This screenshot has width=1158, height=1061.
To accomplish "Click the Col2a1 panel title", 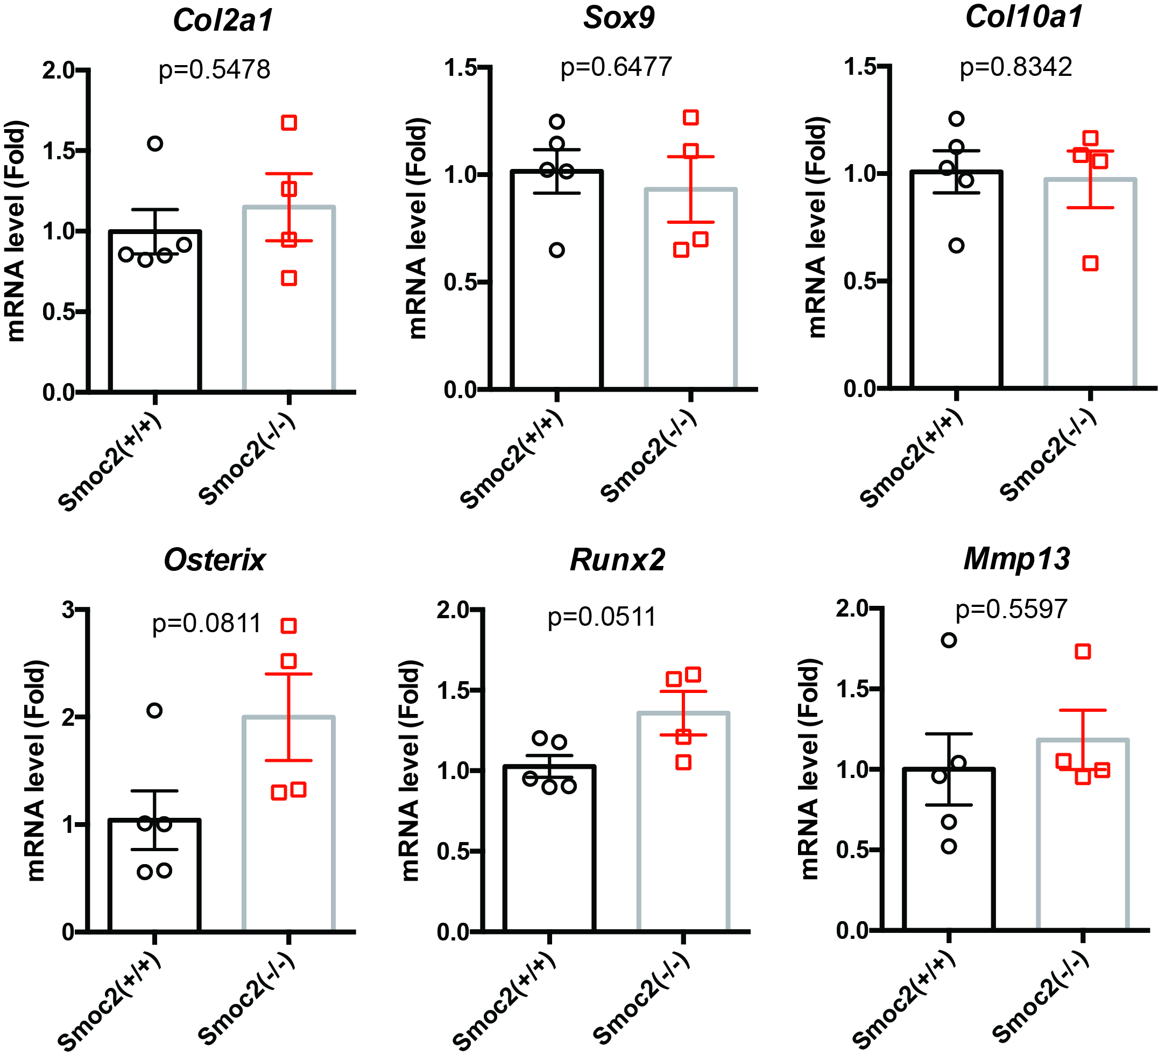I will [x=223, y=20].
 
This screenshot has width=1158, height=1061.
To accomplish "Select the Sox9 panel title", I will [x=619, y=18].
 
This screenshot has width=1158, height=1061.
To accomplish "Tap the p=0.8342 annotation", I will [x=1015, y=67].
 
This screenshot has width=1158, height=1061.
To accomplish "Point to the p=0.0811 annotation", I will [x=207, y=623].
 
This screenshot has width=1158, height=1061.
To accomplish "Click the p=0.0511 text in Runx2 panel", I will [x=602, y=617].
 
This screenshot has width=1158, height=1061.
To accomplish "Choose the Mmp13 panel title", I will [x=1016, y=558].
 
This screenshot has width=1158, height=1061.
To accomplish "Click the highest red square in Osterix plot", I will [x=289, y=626].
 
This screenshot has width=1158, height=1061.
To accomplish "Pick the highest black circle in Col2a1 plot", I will [x=155, y=143].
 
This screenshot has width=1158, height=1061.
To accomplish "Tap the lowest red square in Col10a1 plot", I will [x=1091, y=264].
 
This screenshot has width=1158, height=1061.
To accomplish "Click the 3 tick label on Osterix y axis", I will [x=68, y=610].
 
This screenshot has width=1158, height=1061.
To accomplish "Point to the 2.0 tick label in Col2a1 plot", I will [x=59, y=70].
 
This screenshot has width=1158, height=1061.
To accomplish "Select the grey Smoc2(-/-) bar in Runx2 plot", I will [x=683, y=822].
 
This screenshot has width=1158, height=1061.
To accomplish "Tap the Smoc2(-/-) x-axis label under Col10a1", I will [x=1048, y=456].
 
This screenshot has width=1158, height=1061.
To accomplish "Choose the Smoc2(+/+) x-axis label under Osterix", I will [x=109, y=1000].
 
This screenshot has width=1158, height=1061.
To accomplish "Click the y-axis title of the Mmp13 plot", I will [x=809, y=770].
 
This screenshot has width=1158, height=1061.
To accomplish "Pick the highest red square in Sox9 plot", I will [x=691, y=118].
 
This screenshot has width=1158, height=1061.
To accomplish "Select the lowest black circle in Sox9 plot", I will [x=556, y=250].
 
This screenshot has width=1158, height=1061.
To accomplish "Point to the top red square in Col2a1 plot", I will [x=289, y=122].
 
